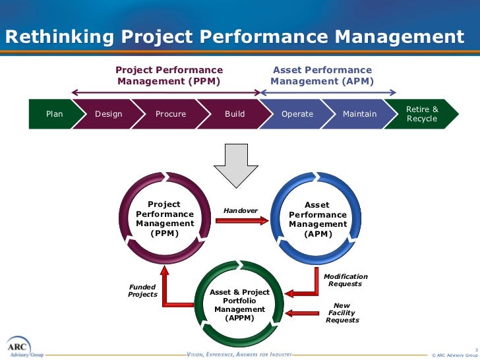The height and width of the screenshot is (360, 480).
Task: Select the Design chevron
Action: pos(109,114)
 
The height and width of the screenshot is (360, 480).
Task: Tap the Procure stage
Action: pos(171,114)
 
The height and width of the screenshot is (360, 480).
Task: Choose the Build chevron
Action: pos(234,114)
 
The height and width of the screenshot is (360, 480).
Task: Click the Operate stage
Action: pos(297,114)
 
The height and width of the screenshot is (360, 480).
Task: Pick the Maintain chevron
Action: pos(359,114)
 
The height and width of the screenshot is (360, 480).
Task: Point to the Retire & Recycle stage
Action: pos(422,114)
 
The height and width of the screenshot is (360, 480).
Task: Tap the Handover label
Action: pos(241,211)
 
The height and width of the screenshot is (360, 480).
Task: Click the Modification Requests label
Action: pos(345,280)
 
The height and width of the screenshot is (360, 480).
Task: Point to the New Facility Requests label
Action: pos(343,313)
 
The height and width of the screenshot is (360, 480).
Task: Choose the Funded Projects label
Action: pos(142,291)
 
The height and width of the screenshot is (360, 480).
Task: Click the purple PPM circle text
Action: pos(165,219)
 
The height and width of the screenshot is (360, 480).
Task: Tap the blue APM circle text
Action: pos(318,220)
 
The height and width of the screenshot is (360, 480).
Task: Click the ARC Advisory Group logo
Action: pos(20,347)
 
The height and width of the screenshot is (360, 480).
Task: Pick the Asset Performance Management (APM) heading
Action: pos(322,76)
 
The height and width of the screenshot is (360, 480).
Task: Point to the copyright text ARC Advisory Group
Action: pos(454,353)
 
